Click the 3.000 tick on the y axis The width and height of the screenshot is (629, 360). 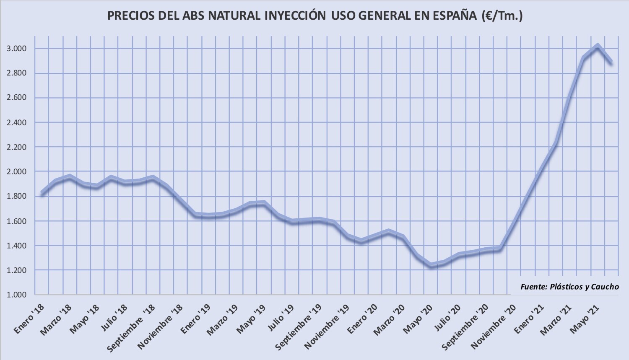click(17, 49)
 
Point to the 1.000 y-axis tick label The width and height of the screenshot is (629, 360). click(17, 295)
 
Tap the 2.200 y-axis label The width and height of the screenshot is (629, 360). click(17, 147)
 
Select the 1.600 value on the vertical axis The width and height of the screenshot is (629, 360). click(17, 221)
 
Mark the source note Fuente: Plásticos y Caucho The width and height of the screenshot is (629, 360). click(569, 287)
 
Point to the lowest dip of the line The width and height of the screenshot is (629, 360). click(431, 265)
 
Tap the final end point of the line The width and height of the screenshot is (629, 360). click(611, 62)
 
